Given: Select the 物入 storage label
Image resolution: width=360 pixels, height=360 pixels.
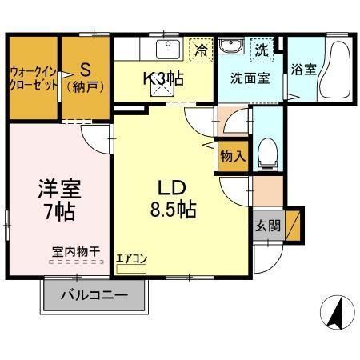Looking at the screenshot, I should pyautogui.click(x=232, y=156).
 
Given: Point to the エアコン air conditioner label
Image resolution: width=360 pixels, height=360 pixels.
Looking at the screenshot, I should pyautogui.click(x=130, y=258).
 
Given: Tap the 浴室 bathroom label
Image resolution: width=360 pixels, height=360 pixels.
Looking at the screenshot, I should pyautogui.click(x=304, y=69).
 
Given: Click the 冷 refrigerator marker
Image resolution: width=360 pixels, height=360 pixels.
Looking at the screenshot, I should pyautogui.click(x=202, y=50).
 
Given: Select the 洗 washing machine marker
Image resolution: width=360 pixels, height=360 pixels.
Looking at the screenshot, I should pyautogui.click(x=262, y=50).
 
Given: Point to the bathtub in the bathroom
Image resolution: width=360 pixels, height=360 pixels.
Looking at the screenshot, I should pyautogui.click(x=335, y=70).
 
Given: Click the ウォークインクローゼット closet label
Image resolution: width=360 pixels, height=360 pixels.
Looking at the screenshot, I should pyautogui.click(x=33, y=77).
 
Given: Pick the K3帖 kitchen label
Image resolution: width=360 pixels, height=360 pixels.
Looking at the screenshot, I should pyautogui.click(x=164, y=78).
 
